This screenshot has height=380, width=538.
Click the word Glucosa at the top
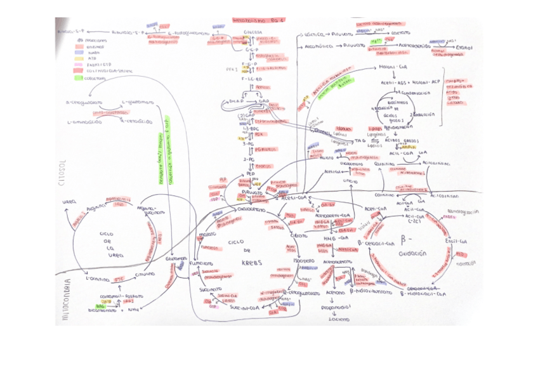[253, 32]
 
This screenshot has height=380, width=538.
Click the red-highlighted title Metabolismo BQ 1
[253, 20]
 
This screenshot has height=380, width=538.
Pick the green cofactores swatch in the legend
[79, 78]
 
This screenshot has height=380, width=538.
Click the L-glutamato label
[138, 102]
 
